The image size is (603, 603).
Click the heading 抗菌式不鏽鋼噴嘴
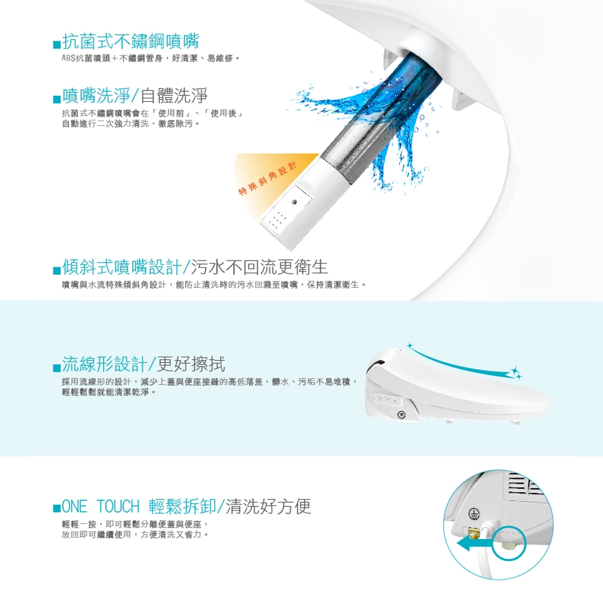point(130,41)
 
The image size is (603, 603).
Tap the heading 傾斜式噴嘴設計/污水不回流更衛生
point(195,267)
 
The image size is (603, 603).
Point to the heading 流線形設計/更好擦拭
point(144,364)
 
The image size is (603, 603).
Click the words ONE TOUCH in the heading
point(100,507)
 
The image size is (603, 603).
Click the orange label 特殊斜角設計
point(268,178)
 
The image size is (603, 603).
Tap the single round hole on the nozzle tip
point(295,201)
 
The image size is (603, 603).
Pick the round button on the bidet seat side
point(402,414)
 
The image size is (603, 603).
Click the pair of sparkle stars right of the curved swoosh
point(514,372)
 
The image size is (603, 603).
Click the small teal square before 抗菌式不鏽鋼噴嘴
point(57,45)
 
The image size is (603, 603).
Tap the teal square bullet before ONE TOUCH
point(57,508)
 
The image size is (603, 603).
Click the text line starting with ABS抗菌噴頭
point(151,58)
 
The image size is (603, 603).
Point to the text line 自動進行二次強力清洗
point(131,124)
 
